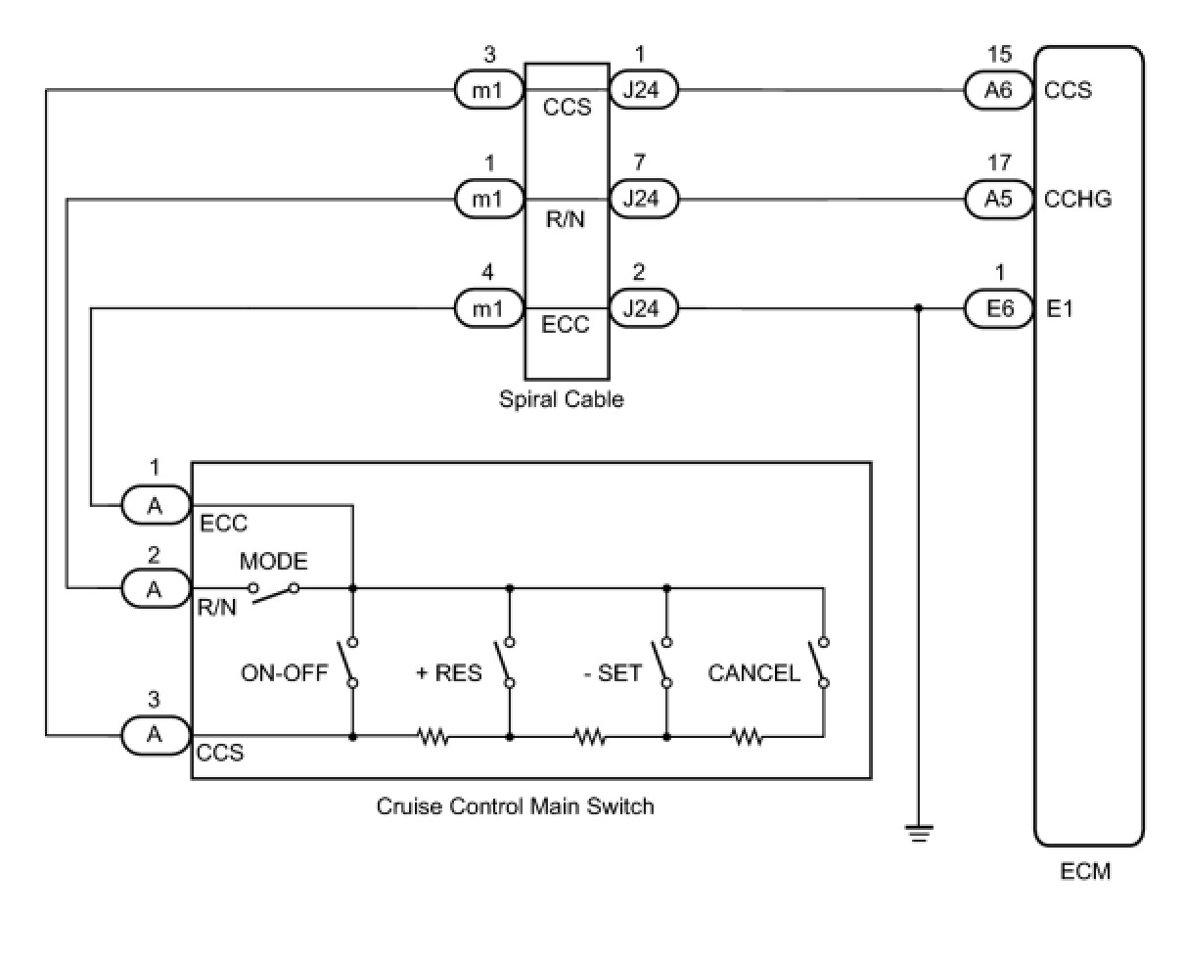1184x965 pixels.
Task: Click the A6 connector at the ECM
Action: [998, 91]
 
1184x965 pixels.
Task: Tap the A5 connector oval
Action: [998, 199]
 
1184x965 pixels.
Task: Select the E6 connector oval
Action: [998, 308]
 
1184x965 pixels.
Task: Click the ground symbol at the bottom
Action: [918, 833]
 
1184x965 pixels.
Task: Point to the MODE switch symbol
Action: [273, 592]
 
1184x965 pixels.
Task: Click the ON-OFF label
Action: [284, 673]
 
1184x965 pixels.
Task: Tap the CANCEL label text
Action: [753, 673]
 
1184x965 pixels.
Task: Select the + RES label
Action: [448, 673]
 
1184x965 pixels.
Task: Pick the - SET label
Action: [613, 673]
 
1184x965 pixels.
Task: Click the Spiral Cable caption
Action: [562, 399]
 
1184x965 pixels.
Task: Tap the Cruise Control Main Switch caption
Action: [515, 806]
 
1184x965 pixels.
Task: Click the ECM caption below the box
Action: [1085, 872]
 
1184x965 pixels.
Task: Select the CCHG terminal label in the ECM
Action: [1077, 199]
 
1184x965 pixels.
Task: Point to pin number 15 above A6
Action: [999, 54]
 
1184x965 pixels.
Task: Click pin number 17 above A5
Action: [999, 162]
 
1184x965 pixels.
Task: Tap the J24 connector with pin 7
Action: [644, 199]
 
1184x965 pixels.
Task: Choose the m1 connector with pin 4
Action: [489, 308]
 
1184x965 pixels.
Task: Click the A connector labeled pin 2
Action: [156, 588]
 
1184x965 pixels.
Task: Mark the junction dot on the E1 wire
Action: [918, 308]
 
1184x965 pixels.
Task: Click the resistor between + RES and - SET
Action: [590, 737]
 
